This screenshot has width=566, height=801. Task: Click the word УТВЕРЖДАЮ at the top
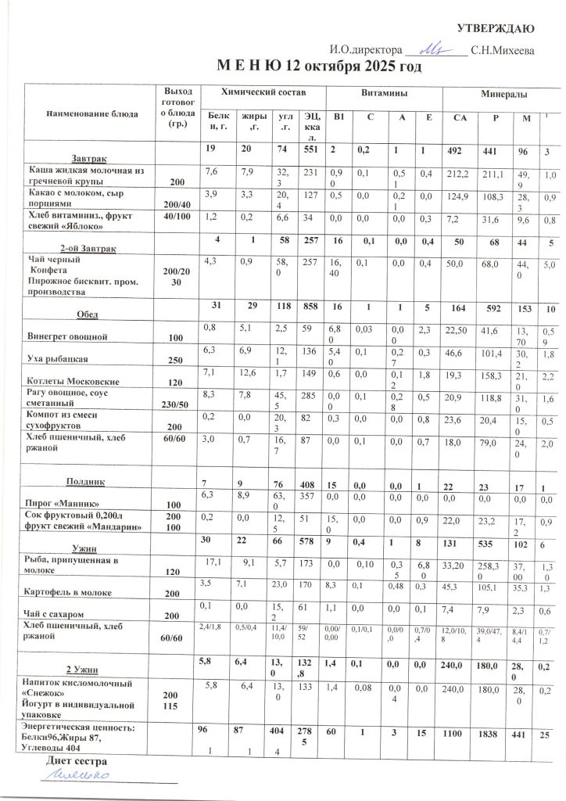[x=496, y=30]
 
